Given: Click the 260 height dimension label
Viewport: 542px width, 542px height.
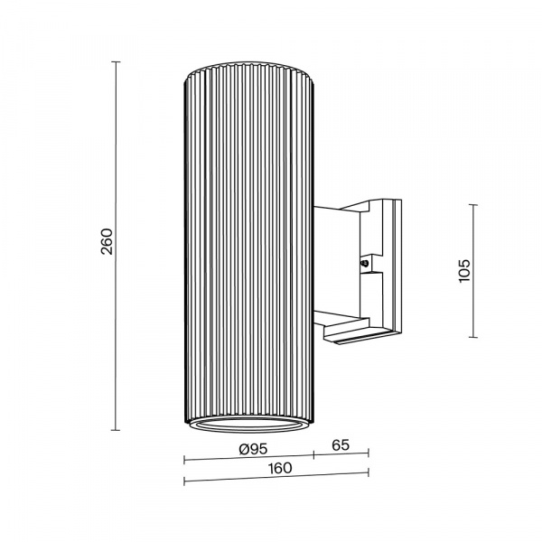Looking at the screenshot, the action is (x=107, y=241).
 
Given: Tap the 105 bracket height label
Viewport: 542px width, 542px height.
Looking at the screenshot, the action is (x=464, y=270).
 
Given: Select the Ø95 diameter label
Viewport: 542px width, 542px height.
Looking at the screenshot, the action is (x=253, y=449).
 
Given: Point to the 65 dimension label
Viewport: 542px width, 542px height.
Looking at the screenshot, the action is (x=341, y=445).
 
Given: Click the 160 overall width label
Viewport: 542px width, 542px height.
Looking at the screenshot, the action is (x=280, y=468).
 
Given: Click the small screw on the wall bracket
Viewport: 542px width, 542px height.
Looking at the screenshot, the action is (x=364, y=264).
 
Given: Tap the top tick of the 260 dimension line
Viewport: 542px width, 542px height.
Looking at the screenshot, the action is (x=116, y=61).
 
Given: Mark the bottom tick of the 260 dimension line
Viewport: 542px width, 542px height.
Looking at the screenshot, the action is (x=116, y=430).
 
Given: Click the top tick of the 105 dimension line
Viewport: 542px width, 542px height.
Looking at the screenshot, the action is (x=473, y=205).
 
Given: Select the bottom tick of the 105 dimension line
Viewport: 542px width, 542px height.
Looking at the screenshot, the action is (x=473, y=337).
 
